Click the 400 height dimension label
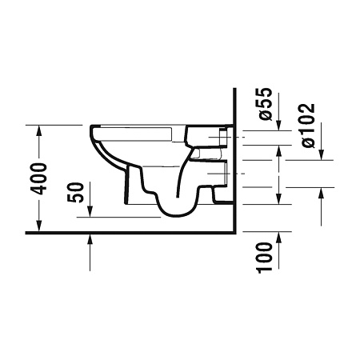click(x=38, y=178)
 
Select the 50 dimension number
click(x=76, y=193)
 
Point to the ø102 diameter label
click(x=309, y=126)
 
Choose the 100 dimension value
click(x=264, y=258)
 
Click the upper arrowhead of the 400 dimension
click(x=39, y=130)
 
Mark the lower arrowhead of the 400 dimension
click(x=39, y=226)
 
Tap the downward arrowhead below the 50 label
click(x=90, y=211)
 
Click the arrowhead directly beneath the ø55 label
click(x=278, y=126)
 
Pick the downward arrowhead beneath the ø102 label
click(x=321, y=155)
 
